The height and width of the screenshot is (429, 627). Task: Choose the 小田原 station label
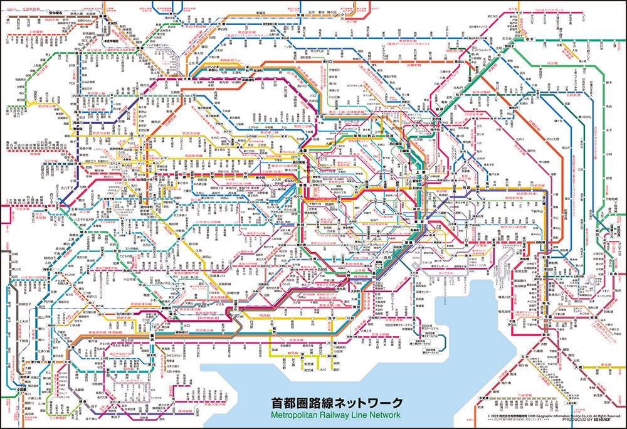(21, 389)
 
